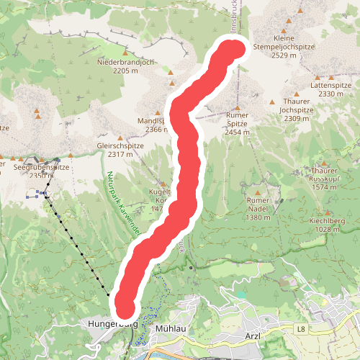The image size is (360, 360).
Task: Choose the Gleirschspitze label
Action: pyautogui.click(x=120, y=145)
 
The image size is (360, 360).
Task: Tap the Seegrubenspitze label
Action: pyautogui.click(x=41, y=166)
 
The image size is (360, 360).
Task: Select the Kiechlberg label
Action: pyautogui.click(x=327, y=220)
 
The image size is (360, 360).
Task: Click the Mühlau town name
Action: pyautogui.click(x=171, y=328)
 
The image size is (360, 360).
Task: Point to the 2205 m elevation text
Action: pyautogui.click(x=125, y=71)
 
